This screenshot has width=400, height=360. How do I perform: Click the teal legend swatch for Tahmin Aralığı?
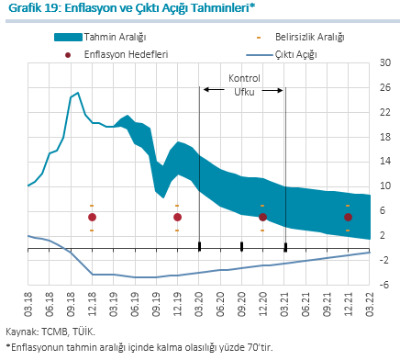(x=68, y=38)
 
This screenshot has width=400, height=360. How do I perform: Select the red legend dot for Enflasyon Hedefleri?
(x=68, y=55)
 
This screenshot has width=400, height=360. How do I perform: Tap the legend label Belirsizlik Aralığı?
(x=310, y=38)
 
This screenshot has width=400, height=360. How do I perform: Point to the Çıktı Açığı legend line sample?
(x=260, y=55)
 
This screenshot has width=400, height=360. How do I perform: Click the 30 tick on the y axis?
(x=385, y=62)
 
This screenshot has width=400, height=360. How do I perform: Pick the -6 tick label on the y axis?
(x=384, y=285)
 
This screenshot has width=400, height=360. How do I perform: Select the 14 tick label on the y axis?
(x=385, y=161)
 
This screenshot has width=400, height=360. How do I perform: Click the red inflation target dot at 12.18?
(x=92, y=218)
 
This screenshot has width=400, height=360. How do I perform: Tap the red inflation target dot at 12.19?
(x=177, y=218)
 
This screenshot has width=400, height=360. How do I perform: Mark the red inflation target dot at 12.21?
(x=348, y=218)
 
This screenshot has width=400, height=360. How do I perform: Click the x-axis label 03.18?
(x=28, y=304)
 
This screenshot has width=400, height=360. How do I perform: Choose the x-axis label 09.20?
(x=241, y=304)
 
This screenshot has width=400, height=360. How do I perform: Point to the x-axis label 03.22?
(x=370, y=304)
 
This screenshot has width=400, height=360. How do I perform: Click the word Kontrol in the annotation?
(x=244, y=78)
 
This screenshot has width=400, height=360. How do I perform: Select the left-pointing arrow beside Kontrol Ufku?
(x=214, y=90)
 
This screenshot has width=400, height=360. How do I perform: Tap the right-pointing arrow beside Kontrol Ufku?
(x=272, y=90)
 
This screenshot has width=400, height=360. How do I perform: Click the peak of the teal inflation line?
(x=78, y=93)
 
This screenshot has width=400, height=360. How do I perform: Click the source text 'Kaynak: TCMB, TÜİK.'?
(x=50, y=332)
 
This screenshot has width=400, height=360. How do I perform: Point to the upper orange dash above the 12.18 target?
(x=92, y=206)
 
